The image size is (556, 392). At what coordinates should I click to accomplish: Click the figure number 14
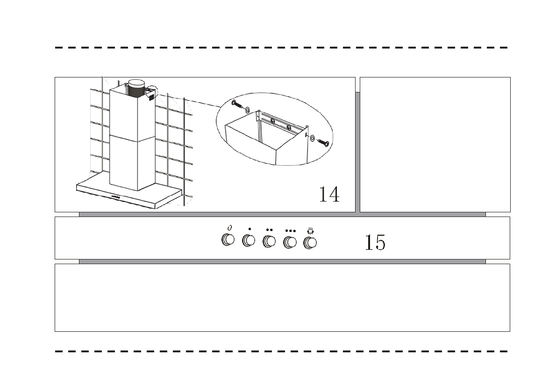pos(329,194)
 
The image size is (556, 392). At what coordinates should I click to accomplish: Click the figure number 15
pos(375,242)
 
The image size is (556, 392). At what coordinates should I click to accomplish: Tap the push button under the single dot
pos(249,241)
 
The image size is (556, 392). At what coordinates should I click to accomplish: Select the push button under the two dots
pos(269,241)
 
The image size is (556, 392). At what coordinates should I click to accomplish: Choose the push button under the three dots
pos(290,242)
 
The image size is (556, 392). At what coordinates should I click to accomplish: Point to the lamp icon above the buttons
pos(310,231)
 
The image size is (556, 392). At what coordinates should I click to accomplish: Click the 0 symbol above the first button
pos(229,227)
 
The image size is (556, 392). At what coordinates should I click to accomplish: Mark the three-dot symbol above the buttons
pos(290,231)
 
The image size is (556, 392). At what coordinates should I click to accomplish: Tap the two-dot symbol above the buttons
pos(269,230)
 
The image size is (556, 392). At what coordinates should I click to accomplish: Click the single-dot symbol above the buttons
pos(249,229)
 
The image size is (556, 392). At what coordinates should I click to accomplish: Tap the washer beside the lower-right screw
pos(312,138)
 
